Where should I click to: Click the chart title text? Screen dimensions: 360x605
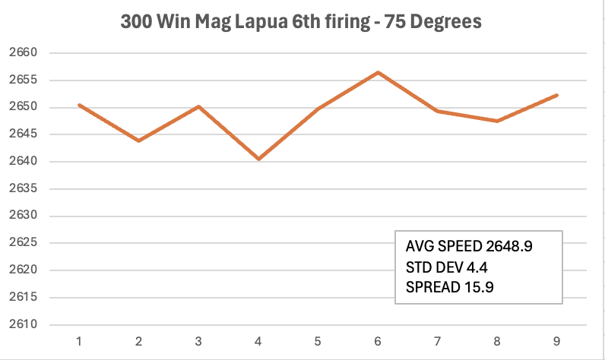[x=301, y=22]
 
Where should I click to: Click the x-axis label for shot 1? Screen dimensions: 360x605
[x=78, y=341]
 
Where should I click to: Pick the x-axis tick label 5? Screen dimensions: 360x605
[x=318, y=341]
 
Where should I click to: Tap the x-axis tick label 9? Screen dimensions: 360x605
[x=556, y=341]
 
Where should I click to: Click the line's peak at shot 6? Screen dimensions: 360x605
[x=378, y=73]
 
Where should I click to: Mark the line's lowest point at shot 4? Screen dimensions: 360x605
[x=258, y=159]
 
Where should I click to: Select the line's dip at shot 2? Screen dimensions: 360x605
[x=138, y=141]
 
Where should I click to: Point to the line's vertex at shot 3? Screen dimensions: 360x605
[x=198, y=106]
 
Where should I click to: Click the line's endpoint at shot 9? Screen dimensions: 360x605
[x=557, y=95]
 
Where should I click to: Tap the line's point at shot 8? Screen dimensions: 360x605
[x=497, y=121]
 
